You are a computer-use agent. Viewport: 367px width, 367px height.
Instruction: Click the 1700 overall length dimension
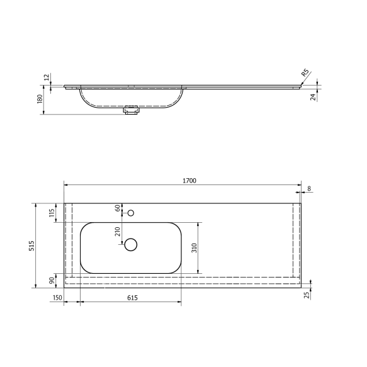point(189,181)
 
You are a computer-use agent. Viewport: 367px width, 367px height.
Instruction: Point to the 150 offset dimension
point(58,298)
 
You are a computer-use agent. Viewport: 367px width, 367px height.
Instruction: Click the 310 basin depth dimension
point(194,247)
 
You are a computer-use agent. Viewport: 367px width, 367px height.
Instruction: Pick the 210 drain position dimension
point(117,231)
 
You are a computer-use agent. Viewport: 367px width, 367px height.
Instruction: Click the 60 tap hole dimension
point(117,208)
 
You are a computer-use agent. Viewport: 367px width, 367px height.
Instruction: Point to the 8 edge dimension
point(308,189)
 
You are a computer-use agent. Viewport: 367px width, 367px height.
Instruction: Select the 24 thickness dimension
point(312,96)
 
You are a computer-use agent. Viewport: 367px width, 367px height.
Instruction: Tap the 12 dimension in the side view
point(46,77)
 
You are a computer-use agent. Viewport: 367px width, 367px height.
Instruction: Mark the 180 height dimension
point(39,99)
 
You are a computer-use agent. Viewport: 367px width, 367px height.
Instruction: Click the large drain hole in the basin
point(131,245)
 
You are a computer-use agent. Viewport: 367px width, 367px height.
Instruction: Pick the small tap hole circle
point(131,213)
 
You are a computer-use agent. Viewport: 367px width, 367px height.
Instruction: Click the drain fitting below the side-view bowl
point(132,111)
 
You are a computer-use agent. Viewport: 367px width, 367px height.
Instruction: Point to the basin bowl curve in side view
point(88,101)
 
